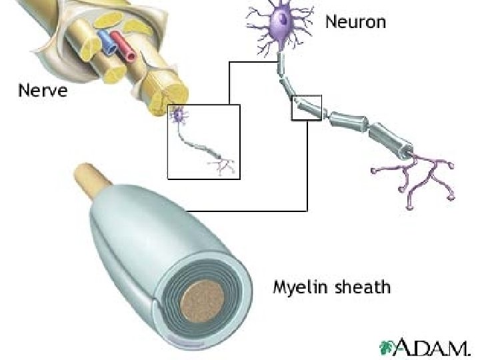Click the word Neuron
[x=355, y=21]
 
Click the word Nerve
[x=43, y=89]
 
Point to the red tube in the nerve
[x=123, y=45]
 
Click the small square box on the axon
[x=307, y=108]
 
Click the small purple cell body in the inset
[x=178, y=116]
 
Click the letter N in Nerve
[x=24, y=89]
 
